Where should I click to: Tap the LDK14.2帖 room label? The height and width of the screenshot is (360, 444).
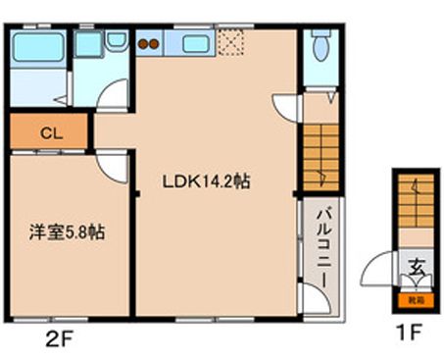click(x=205, y=181)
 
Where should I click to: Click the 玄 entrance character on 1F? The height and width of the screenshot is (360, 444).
click(x=416, y=265)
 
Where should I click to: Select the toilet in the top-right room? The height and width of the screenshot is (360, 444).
click(x=319, y=44)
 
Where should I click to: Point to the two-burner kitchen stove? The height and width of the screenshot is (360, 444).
click(x=149, y=43)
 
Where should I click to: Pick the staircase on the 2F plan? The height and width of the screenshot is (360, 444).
click(x=321, y=153)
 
